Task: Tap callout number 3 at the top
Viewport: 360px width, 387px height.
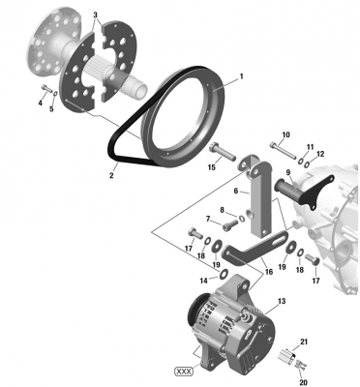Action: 95,15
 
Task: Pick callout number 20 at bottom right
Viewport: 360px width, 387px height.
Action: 303,381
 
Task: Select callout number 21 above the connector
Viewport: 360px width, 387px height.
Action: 303,342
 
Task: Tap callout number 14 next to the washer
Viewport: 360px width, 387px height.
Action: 204,281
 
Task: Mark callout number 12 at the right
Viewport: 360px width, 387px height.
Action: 320,154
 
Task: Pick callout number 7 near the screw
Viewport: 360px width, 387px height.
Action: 206,220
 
